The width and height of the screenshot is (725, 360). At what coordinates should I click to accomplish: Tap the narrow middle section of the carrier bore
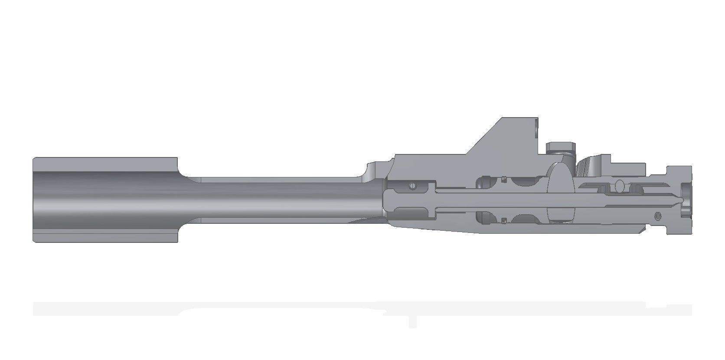click(x=278, y=200)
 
